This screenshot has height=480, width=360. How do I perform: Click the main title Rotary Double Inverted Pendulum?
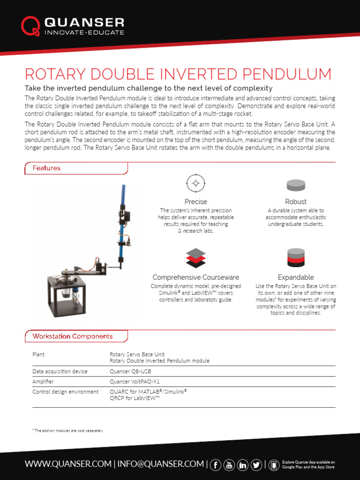pyautogui.click(x=178, y=74)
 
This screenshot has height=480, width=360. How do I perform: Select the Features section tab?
pyautogui.click(x=46, y=168)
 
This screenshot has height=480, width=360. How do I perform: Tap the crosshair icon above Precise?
pyautogui.click(x=195, y=183)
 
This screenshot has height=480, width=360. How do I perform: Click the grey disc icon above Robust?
pyautogui.click(x=296, y=185)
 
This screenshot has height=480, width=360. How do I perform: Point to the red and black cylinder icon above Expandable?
pyautogui.click(x=296, y=258)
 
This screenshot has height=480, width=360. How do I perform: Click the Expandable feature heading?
pyautogui.click(x=296, y=277)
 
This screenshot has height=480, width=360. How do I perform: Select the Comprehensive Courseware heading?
pyautogui.click(x=195, y=277)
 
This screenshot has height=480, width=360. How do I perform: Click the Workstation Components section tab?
pyautogui.click(x=72, y=336)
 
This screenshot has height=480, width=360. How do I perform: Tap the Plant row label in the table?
pyautogui.click(x=38, y=354)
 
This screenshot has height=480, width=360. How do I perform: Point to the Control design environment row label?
pyautogui.click(x=65, y=391)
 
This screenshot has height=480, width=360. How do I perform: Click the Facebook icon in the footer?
pyautogui.click(x=216, y=465)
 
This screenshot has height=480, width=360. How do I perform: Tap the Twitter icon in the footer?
pyautogui.click(x=256, y=465)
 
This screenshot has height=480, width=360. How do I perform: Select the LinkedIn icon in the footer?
pyautogui.click(x=243, y=465)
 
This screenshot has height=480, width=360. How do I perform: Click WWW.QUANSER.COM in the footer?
pyautogui.click(x=68, y=464)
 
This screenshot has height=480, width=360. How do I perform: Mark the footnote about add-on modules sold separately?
pyautogui.click(x=67, y=430)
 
